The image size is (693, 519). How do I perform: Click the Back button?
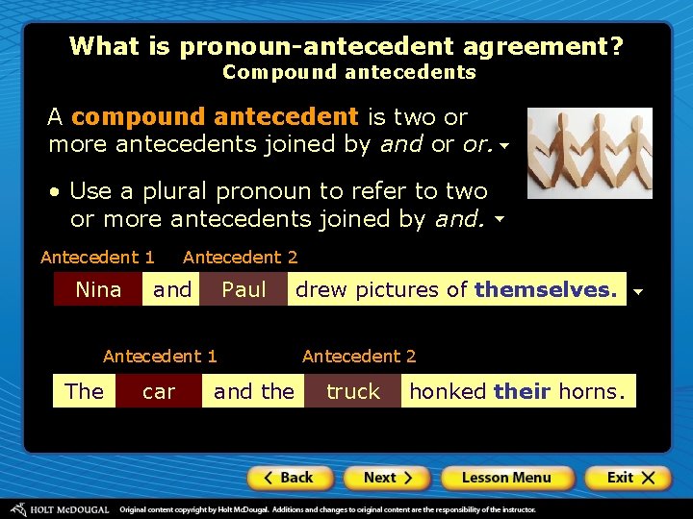pyautogui.click(x=290, y=478)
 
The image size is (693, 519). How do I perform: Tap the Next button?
pyautogui.click(x=388, y=478)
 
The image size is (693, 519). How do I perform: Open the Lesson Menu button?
pyautogui.click(x=506, y=478)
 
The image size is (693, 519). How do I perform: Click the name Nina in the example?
pyautogui.click(x=98, y=290)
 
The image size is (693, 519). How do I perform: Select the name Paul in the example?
pyautogui.click(x=244, y=290)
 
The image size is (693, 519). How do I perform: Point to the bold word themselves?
pyautogui.click(x=546, y=290)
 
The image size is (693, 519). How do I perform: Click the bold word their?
pyautogui.click(x=522, y=391)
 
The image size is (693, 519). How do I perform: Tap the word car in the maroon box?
pyautogui.click(x=159, y=392)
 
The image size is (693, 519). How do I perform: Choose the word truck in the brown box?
pyautogui.click(x=353, y=392)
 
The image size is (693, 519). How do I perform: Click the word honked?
pyautogui.click(x=449, y=391)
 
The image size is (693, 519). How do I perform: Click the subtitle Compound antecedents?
pyautogui.click(x=348, y=72)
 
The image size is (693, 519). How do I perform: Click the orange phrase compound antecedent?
pyautogui.click(x=215, y=117)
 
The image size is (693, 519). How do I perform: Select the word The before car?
pyautogui.click(x=84, y=392)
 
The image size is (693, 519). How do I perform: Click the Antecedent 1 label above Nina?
pyautogui.click(x=97, y=258)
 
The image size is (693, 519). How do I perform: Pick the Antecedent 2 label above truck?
pyautogui.click(x=359, y=357)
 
